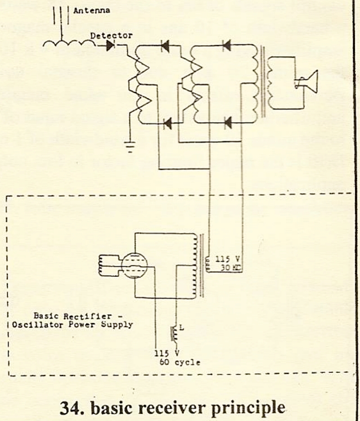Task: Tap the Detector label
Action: pyautogui.click(x=112, y=35)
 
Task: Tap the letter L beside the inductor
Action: pyautogui.click(x=181, y=327)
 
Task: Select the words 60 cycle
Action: pyautogui.click(x=180, y=362)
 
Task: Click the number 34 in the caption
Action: pyautogui.click(x=70, y=407)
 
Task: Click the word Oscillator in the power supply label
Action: pyautogui.click(x=36, y=325)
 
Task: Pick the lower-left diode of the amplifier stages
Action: pyautogui.click(x=169, y=122)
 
